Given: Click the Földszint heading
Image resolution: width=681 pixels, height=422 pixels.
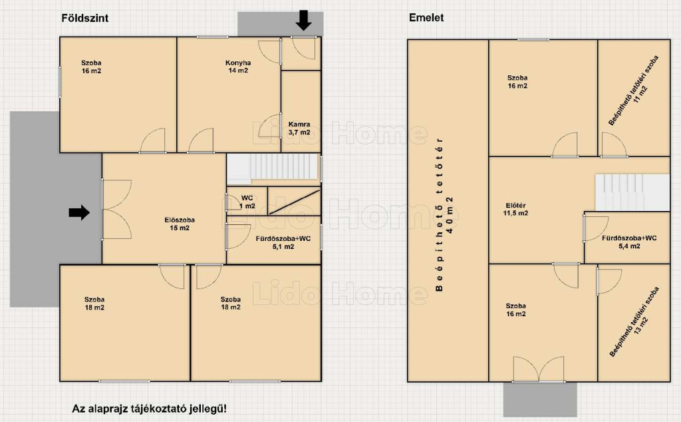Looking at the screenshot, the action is click(85, 18).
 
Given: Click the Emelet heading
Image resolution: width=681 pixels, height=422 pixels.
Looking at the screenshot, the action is click(426, 18).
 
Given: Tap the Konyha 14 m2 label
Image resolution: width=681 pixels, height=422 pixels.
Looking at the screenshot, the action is click(238, 67).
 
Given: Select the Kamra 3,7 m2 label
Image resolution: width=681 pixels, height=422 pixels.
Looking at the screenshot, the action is click(299, 128).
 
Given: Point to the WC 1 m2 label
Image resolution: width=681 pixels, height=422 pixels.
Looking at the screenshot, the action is click(247, 202).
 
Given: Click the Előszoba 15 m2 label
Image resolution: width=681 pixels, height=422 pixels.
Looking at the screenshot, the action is click(180, 224).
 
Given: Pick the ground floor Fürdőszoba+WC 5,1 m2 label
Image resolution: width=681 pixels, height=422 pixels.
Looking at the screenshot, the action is click(283, 242).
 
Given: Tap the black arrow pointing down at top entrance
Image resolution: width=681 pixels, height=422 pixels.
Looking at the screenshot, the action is click(303, 21).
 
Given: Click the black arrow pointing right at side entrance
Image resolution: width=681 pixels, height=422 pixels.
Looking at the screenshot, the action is click(79, 213).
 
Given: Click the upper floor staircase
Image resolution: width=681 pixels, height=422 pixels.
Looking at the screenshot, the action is click(632, 192).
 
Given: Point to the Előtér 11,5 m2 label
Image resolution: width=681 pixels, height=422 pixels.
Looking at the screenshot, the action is click(515, 209).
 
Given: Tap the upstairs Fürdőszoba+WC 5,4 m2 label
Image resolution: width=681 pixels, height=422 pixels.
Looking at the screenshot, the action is click(629, 242).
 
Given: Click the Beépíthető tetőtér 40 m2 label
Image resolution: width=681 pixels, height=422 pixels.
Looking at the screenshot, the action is click(444, 215).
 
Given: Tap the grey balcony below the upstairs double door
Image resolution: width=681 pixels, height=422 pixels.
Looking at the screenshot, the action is click(540, 399).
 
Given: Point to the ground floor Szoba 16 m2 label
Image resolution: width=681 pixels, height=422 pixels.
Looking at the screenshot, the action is click(91, 67).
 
